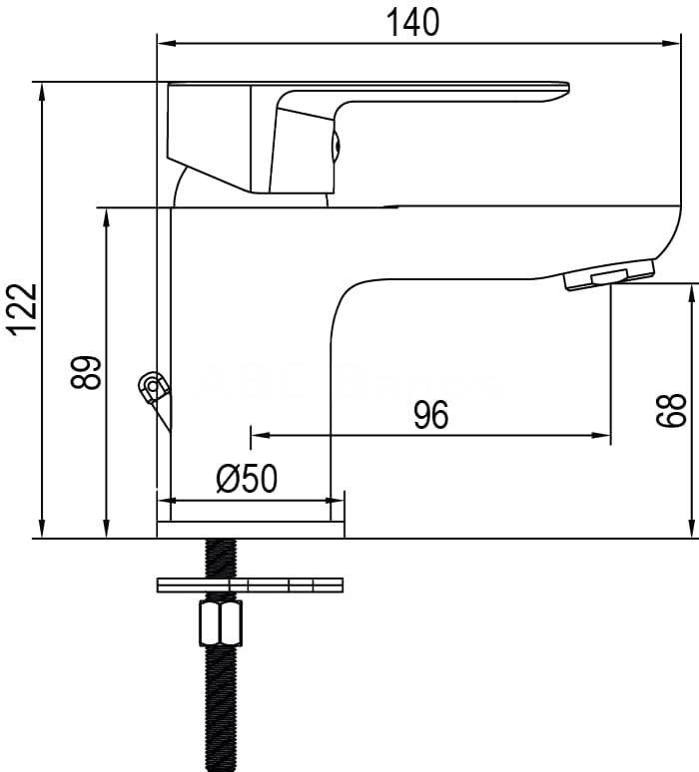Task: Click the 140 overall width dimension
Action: pyautogui.click(x=412, y=22)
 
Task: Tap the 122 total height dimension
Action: pyautogui.click(x=24, y=309)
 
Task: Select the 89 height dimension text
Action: pyautogui.click(x=86, y=372)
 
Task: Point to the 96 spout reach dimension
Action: pyautogui.click(x=430, y=415)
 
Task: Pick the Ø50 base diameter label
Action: pyautogui.click(x=247, y=479)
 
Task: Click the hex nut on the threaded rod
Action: pyautogui.click(x=221, y=622)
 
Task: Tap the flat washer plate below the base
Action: pyautogui.click(x=250, y=584)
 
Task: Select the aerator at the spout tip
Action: pyautogui.click(x=610, y=274)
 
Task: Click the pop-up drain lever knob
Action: pyautogui.click(x=154, y=386)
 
